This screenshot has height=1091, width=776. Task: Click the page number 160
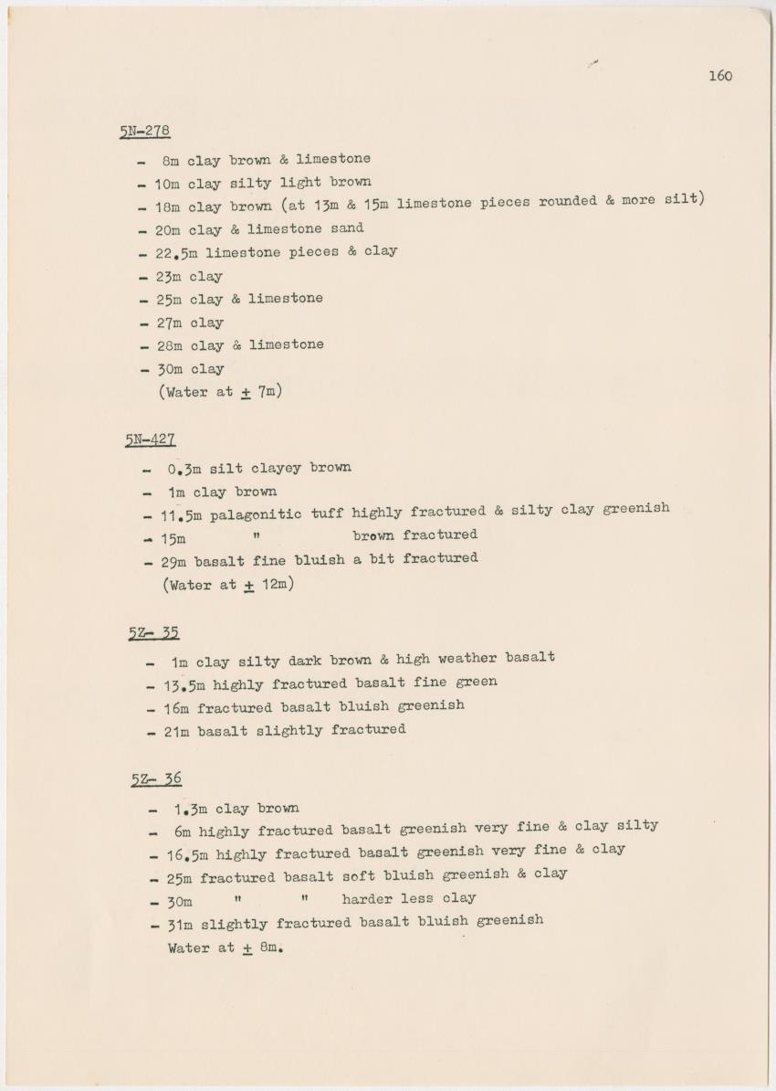pos(719,76)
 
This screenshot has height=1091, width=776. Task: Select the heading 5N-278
pos(144,131)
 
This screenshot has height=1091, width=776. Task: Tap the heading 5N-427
pos(151,440)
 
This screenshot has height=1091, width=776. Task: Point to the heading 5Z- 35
pos(153,632)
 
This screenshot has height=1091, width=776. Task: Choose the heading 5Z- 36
pos(156,779)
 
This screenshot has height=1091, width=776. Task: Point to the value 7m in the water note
pos(267,393)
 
